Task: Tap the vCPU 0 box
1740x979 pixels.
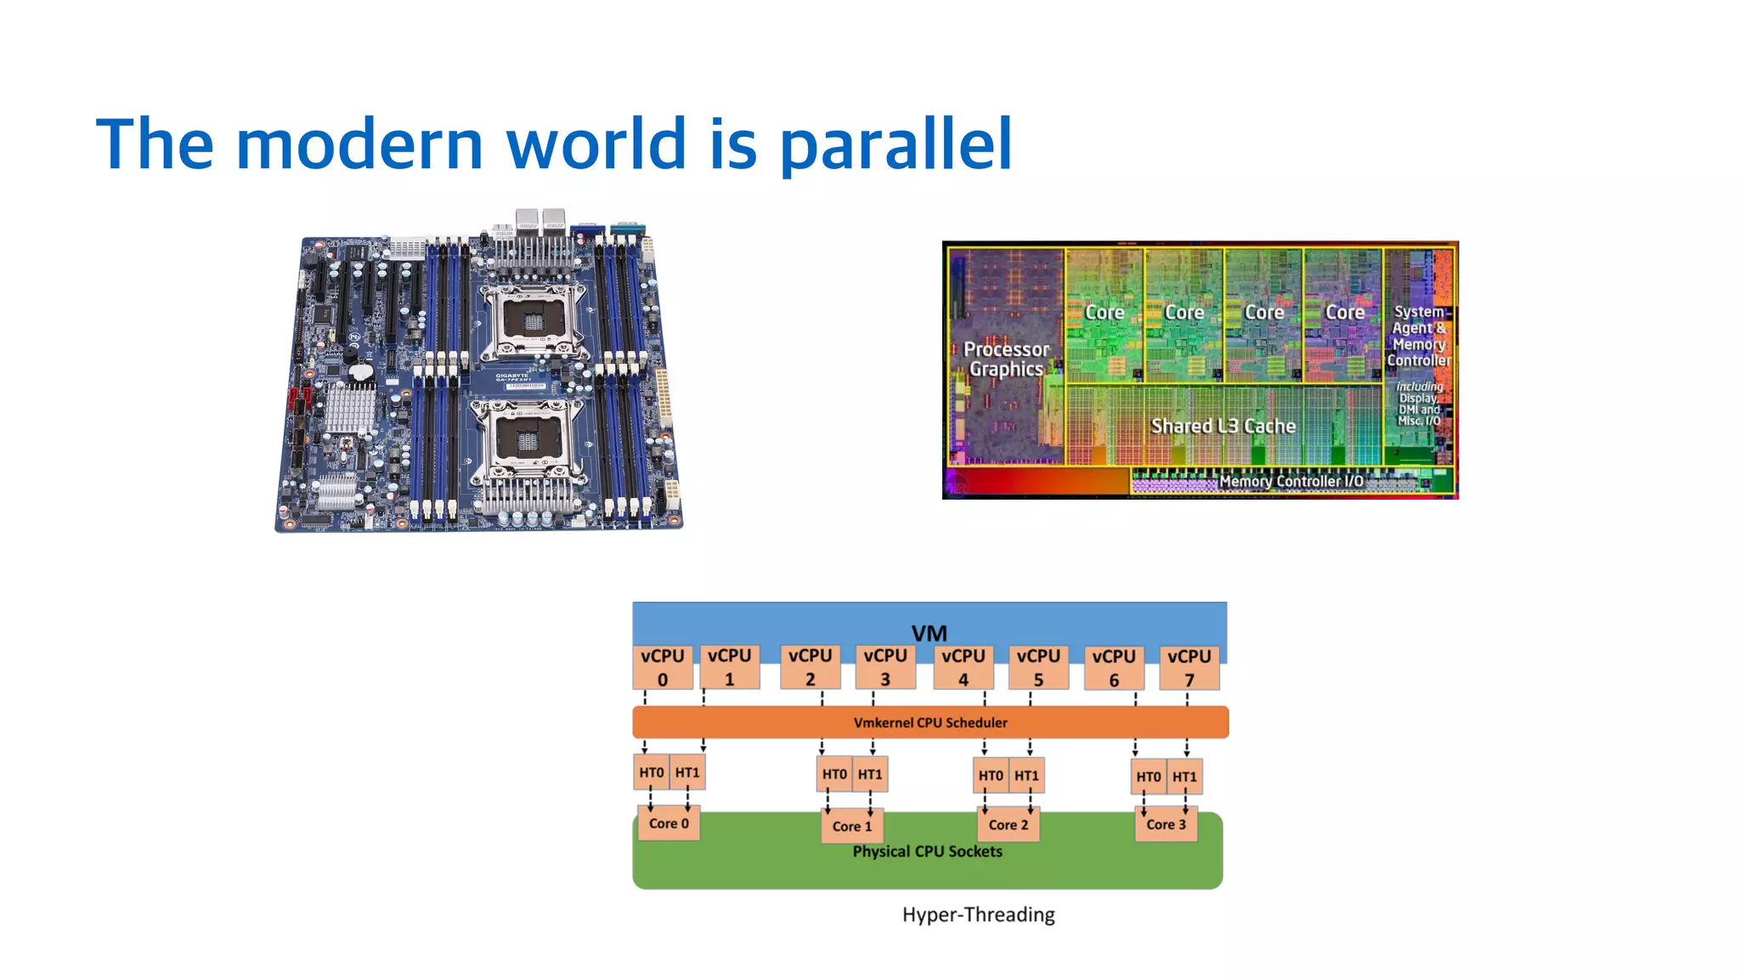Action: pyautogui.click(x=662, y=667)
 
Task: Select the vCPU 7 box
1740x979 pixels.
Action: pyautogui.click(x=1189, y=667)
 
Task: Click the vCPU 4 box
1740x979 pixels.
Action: pyautogui.click(x=963, y=667)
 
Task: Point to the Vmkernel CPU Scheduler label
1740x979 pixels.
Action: pyautogui.click(x=930, y=722)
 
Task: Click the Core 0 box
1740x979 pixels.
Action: pyautogui.click(x=669, y=823)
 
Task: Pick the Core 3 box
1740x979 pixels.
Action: pyautogui.click(x=1166, y=824)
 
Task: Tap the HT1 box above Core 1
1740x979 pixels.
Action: pyautogui.click(x=870, y=774)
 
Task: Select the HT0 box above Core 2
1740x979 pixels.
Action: pyautogui.click(x=991, y=775)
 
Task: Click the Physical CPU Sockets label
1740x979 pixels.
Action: pyautogui.click(x=927, y=852)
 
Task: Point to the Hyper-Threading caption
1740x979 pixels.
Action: pyautogui.click(x=978, y=914)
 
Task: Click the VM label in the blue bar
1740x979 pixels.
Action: pyautogui.click(x=929, y=633)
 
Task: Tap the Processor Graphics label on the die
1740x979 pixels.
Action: pyautogui.click(x=1007, y=359)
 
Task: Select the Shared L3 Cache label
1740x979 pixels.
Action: pyautogui.click(x=1223, y=426)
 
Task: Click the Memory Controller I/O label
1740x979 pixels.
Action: pyautogui.click(x=1291, y=481)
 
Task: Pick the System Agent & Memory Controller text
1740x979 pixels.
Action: pyautogui.click(x=1419, y=336)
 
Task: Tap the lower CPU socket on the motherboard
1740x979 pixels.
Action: pyautogui.click(x=527, y=441)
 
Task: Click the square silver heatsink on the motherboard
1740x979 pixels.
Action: pyautogui.click(x=350, y=408)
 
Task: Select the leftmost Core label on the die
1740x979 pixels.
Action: pyautogui.click(x=1104, y=313)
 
